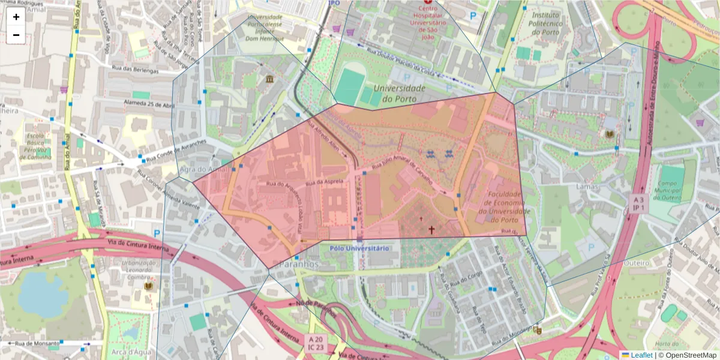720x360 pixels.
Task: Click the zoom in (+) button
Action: tap(16, 17)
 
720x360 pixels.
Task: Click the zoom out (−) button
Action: tap(16, 35)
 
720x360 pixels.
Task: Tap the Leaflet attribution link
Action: tap(641, 355)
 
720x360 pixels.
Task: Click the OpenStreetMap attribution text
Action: tap(691, 355)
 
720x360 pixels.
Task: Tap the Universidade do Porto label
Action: tap(399, 93)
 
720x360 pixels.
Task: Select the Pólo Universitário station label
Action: tap(359, 248)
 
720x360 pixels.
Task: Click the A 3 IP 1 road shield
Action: tap(639, 203)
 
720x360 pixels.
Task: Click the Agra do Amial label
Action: tap(204, 170)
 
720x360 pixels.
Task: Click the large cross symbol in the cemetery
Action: tap(431, 229)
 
